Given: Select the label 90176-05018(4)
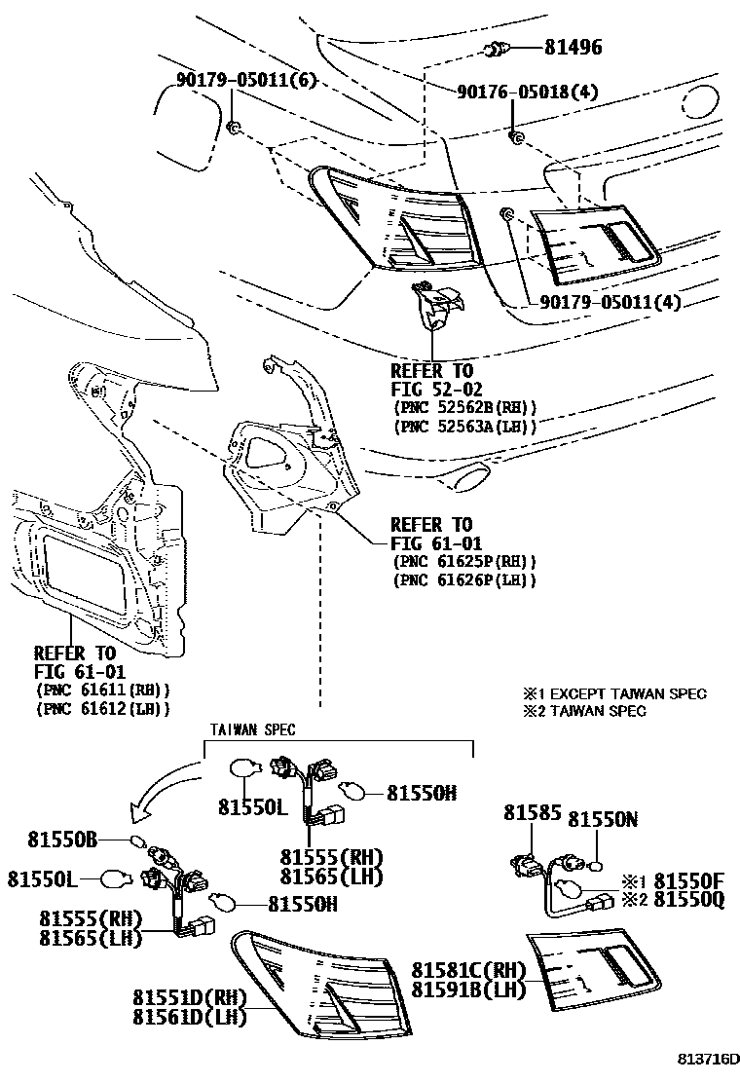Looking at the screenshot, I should click(528, 93).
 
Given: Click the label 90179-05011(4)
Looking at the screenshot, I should click(610, 303).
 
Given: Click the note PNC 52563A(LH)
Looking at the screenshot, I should click(465, 427).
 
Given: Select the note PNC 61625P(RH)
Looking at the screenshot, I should click(465, 562).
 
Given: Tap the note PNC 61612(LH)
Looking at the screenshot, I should click(102, 709).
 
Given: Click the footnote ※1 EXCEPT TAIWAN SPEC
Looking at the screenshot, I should click(614, 693).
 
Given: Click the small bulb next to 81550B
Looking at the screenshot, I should click(137, 841).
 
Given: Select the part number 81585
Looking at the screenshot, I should click(527, 812).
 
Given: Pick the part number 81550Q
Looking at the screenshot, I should click(687, 901).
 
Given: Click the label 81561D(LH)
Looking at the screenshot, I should click(190, 1017).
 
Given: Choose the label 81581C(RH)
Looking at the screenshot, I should click(468, 970).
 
